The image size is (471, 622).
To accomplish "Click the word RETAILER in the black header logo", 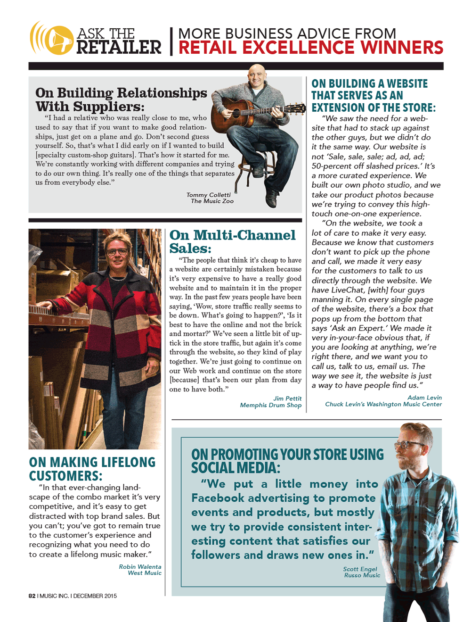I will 119,48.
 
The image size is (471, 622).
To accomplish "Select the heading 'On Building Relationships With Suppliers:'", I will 121,100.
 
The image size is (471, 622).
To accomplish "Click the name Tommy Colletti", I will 209,195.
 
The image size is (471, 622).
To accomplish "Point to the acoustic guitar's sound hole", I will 237,113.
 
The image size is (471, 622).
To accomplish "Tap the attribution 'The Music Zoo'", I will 212,201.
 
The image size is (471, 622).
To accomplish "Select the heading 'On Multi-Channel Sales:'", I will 232,241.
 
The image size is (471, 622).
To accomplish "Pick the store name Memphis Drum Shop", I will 271,405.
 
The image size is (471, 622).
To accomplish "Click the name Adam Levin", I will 424,398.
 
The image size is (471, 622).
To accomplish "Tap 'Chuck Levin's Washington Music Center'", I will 383,404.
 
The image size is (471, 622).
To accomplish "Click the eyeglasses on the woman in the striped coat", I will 117,252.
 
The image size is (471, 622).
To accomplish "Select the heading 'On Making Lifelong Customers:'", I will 92,469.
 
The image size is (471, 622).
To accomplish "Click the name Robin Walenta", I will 140,567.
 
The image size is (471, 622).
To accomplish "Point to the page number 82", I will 32,596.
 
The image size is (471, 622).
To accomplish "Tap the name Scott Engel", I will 360,569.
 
